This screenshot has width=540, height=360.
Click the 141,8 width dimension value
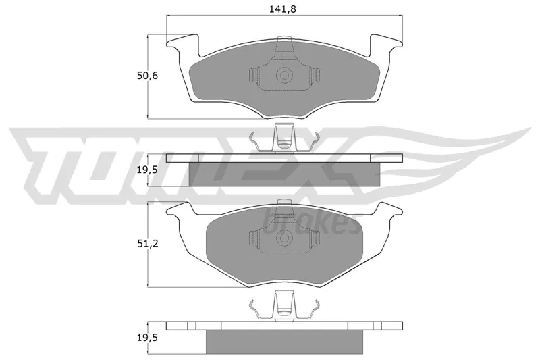(282, 9)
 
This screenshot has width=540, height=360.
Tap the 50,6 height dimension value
(147, 76)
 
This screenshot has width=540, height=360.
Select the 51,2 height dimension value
(147, 244)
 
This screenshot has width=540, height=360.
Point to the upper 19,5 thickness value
(147, 170)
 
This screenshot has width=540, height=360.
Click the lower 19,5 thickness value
(147, 338)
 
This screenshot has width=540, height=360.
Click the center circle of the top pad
(284, 75)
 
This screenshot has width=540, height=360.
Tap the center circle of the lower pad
(284, 238)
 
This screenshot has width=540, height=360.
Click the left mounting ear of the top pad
(182, 46)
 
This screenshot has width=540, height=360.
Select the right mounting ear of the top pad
(386, 46)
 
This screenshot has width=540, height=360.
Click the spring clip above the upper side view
(284, 138)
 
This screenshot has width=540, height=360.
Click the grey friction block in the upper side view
(284, 174)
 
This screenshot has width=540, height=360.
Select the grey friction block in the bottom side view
(284, 342)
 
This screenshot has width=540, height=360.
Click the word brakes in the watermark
(308, 222)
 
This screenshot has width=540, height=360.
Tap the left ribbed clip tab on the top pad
(254, 75)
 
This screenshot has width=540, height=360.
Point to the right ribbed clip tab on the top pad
(315, 75)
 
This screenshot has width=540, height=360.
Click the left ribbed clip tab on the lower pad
(254, 238)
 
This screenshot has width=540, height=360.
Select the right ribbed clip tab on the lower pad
(315, 238)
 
